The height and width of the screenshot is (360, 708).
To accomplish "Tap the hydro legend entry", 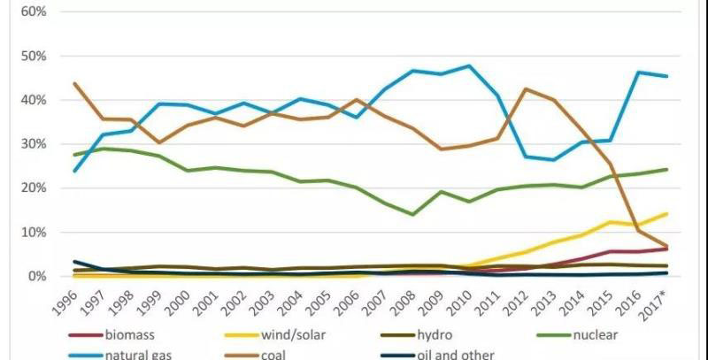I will click(442, 335).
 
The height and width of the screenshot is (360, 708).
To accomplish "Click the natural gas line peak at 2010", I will click(468, 65).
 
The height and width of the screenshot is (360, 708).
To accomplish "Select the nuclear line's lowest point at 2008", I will click(412, 214).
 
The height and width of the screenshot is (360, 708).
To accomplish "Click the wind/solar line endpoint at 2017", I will click(666, 213).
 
